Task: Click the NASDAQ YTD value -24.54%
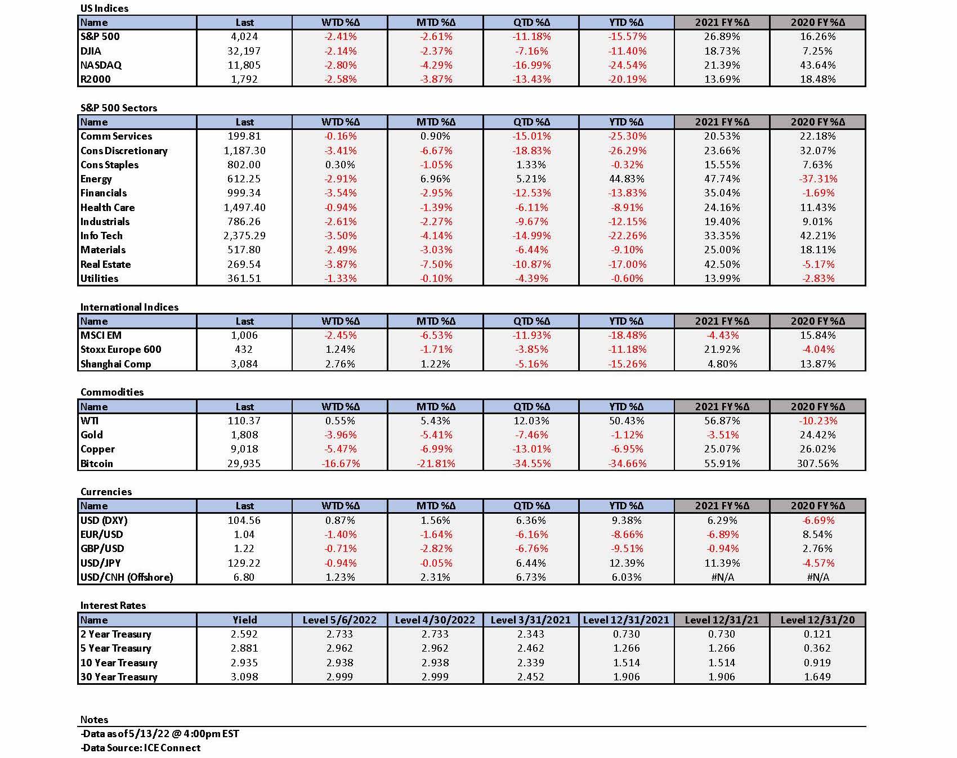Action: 627,65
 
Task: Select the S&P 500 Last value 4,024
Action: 244,37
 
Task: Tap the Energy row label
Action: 96,179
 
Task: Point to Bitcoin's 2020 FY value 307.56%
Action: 817,464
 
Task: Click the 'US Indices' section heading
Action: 104,8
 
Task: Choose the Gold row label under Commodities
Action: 92,435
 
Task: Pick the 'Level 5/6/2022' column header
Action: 339,620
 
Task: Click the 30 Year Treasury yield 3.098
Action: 244,677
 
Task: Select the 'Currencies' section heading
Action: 106,492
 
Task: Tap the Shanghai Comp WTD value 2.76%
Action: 340,364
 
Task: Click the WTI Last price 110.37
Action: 244,421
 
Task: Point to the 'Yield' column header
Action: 244,620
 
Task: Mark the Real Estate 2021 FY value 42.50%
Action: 722,264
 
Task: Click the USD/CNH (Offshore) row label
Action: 127,577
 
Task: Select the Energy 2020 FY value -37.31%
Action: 817,179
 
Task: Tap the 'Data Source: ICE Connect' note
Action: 140,748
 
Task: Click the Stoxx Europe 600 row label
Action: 120,349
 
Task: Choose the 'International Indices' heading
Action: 129,307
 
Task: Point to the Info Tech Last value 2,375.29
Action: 244,236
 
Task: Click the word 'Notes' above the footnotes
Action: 94,720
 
